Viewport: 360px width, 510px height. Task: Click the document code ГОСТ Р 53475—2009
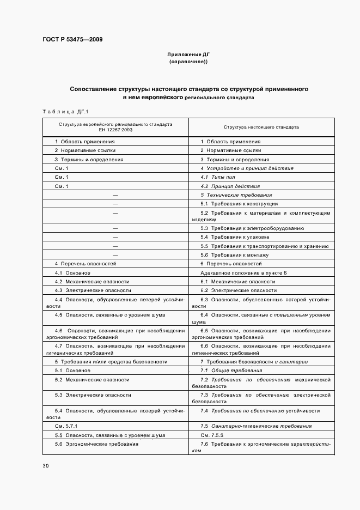click(x=72, y=40)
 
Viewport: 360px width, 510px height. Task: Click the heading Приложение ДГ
click(x=188, y=55)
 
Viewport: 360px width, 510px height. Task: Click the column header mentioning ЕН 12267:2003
click(x=115, y=127)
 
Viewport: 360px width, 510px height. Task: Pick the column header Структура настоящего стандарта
click(x=261, y=127)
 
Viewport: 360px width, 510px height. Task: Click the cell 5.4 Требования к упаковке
click(x=235, y=237)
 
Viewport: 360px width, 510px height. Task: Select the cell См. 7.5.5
click(x=212, y=435)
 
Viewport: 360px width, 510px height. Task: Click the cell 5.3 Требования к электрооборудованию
click(x=252, y=228)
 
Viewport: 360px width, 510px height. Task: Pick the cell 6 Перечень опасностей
click(x=230, y=263)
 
